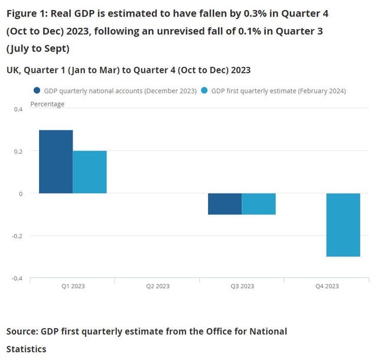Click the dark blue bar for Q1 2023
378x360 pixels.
click(x=56, y=161)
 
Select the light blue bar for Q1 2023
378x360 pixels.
click(x=90, y=172)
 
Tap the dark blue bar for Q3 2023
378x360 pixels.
click(x=225, y=204)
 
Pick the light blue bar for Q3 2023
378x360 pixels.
click(x=259, y=204)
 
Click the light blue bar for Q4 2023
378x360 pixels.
click(x=343, y=225)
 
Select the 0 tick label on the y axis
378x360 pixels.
click(x=20, y=193)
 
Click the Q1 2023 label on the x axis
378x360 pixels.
click(x=73, y=286)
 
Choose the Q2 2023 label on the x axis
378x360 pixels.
click(x=157, y=286)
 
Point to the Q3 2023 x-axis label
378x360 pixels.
click(x=242, y=286)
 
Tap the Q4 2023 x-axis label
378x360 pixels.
click(x=326, y=286)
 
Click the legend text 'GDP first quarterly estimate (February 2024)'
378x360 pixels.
click(x=278, y=91)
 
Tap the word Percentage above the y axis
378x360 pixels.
click(x=47, y=104)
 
